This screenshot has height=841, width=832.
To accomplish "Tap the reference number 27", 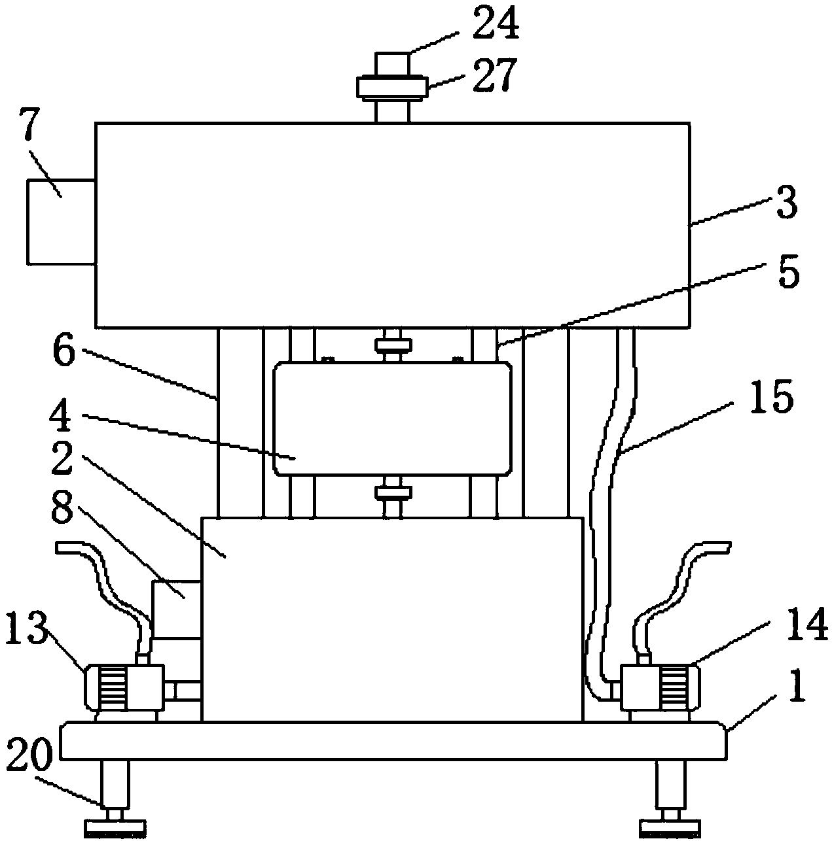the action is point(495,75).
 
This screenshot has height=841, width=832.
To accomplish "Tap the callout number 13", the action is point(26,627).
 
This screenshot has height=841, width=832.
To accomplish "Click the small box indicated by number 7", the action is point(61,222).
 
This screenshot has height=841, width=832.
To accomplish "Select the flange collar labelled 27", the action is point(391,87).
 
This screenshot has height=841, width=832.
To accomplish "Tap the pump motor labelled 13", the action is point(124,687).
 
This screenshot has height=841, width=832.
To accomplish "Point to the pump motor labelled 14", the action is point(659,687).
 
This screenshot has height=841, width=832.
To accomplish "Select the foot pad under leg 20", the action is point(115,826).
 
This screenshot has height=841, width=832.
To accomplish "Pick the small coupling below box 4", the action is point(393,492).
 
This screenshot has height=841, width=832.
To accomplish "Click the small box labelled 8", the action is point(176,609).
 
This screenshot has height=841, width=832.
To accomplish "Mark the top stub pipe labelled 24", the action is point(392,65).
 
